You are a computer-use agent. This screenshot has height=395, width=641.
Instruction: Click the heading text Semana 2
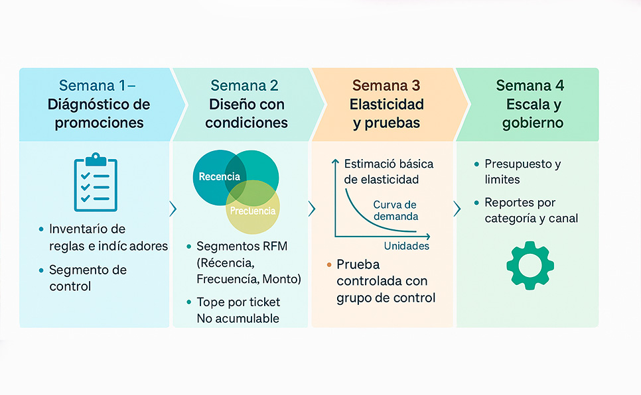point(244,85)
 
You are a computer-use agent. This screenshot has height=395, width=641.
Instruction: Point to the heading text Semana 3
point(386,85)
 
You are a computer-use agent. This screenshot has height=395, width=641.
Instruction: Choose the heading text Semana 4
point(529,85)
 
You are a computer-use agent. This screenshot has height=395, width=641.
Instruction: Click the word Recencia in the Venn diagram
point(219,177)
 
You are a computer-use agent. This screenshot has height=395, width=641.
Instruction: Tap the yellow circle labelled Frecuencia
point(253,211)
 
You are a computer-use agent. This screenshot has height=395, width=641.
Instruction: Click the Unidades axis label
point(406,246)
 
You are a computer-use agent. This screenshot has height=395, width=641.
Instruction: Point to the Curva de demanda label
point(395,210)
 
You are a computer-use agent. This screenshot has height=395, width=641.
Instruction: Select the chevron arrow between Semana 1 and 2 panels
point(173,209)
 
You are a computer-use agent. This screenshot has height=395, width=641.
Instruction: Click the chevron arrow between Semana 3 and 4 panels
point(457,209)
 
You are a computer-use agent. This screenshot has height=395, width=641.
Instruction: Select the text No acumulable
point(238,319)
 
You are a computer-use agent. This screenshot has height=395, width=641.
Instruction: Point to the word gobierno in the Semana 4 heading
point(533,123)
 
